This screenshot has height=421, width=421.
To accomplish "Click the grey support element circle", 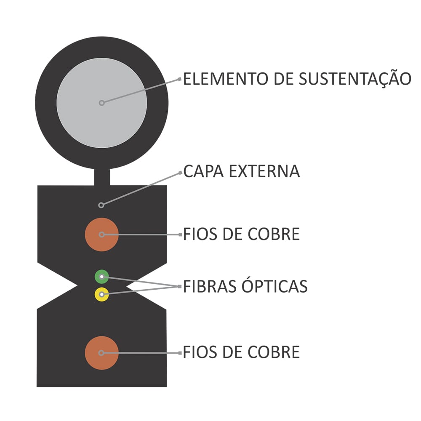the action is click(101, 103).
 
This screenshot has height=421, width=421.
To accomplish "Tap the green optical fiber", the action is click(102, 277).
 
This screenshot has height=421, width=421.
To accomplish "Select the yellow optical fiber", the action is click(102, 295).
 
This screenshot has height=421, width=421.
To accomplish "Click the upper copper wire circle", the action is click(102, 234).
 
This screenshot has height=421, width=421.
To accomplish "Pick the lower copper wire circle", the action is click(102, 353).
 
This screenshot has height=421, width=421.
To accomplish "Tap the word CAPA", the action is click(203, 171).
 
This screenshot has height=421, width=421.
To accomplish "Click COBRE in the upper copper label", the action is click(274, 234).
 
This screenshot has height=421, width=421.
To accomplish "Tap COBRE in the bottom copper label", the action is click(274, 352).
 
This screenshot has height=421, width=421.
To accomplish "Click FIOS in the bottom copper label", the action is click(200, 352).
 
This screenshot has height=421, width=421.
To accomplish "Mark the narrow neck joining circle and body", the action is click(102, 177).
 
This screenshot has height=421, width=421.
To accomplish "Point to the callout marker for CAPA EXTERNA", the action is click(101, 205).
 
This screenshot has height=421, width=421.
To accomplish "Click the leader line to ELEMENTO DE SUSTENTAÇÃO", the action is click(141, 91).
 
